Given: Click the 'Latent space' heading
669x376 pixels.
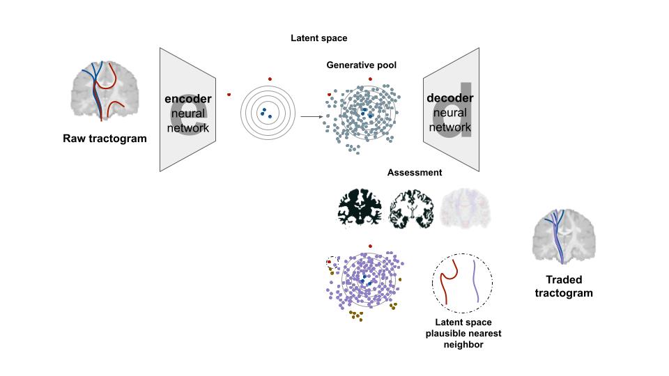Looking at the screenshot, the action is click(x=318, y=38).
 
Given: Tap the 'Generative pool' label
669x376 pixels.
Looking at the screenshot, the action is click(x=362, y=65).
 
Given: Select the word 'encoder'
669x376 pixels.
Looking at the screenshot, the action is click(x=187, y=99).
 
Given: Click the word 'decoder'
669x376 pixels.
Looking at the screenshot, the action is click(x=449, y=98).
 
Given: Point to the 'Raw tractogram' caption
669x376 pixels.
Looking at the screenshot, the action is click(x=105, y=139).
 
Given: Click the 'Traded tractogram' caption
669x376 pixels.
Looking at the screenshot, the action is click(x=564, y=286).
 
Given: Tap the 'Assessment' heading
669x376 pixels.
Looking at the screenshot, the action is click(x=415, y=172).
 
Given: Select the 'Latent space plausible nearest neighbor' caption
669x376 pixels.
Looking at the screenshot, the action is click(x=463, y=333).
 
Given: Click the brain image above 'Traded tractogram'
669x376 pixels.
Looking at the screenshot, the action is click(x=564, y=237).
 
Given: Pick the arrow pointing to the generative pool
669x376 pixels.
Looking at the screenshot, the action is click(x=312, y=117).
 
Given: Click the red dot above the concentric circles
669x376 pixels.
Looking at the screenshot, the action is click(x=269, y=79).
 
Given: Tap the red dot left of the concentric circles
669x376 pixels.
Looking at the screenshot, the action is click(x=229, y=94).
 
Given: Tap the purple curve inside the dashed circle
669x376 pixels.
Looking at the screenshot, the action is click(x=477, y=281).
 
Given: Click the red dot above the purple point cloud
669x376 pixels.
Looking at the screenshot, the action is click(x=370, y=246).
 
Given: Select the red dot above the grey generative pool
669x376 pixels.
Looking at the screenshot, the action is click(x=370, y=79).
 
